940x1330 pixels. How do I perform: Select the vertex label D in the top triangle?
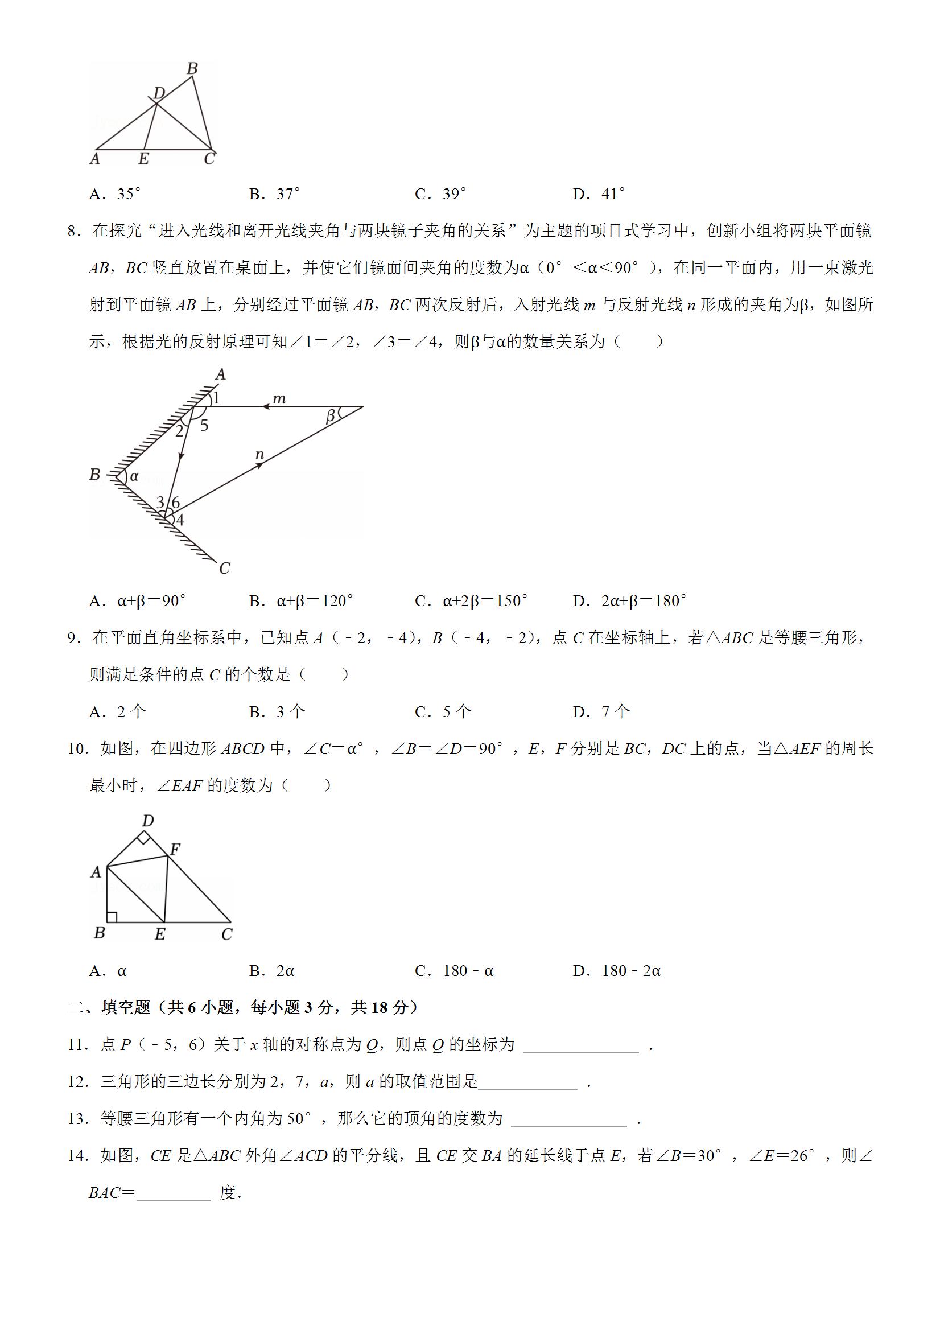pyautogui.click(x=159, y=92)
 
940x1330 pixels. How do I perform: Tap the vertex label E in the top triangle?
pyautogui.click(x=143, y=159)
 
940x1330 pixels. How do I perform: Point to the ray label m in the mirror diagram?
pyautogui.click(x=279, y=398)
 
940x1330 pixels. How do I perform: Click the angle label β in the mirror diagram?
pyautogui.click(x=331, y=416)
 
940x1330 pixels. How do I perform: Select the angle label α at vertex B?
pyautogui.click(x=134, y=476)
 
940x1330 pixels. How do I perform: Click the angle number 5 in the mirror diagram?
pyautogui.click(x=204, y=426)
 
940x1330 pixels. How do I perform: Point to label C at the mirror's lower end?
pyautogui.click(x=225, y=569)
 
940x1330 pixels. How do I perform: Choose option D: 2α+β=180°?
pyautogui.click(x=629, y=602)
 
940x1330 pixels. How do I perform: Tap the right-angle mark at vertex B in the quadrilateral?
pyautogui.click(x=112, y=916)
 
